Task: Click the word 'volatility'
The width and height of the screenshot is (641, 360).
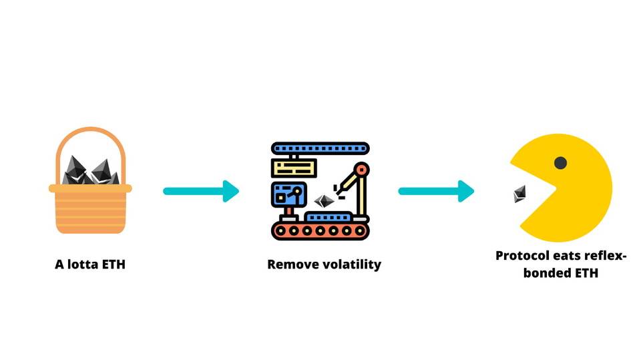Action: click(351, 264)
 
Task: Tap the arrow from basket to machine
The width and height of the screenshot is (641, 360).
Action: click(200, 191)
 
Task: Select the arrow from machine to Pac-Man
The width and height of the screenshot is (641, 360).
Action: click(435, 191)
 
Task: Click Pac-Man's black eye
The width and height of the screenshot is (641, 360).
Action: click(560, 162)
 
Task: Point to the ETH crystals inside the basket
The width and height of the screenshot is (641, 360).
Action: click(90, 172)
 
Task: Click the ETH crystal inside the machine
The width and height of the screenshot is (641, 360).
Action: click(325, 201)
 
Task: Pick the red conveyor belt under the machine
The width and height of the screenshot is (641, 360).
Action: click(320, 231)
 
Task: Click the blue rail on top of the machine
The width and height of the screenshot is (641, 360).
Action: click(320, 147)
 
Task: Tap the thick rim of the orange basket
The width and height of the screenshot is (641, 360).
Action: click(90, 188)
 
